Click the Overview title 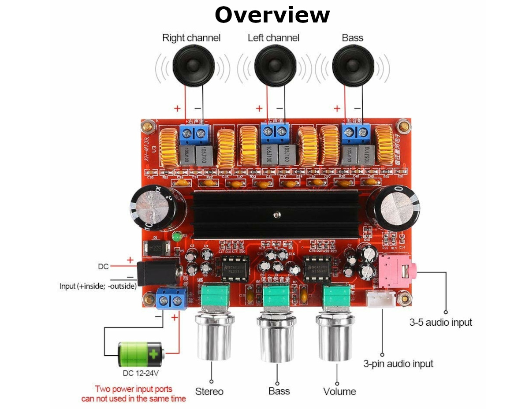point(272,15)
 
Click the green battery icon point(141,354)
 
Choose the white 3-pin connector point(381,301)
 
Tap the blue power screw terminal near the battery point(171,300)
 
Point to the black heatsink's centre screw point(276,215)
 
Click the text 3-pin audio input point(398,364)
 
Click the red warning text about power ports point(134,394)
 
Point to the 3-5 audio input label point(440,322)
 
